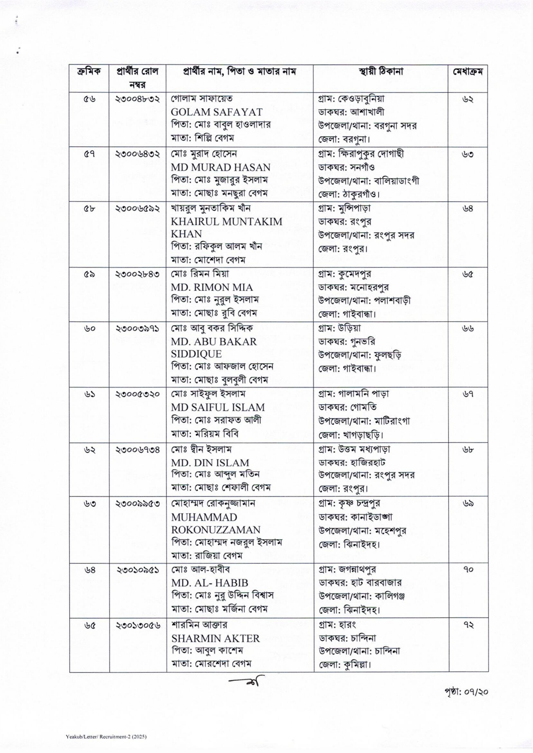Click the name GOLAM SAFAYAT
click(x=217, y=112)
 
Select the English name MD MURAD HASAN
click(x=221, y=167)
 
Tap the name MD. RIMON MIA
click(x=212, y=288)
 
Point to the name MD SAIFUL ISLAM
click(x=218, y=408)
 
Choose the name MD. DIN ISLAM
click(x=210, y=463)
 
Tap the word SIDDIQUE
click(x=196, y=354)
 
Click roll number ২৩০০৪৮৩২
click(x=138, y=99)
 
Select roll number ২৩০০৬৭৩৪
click(x=138, y=450)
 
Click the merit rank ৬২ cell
click(x=468, y=99)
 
